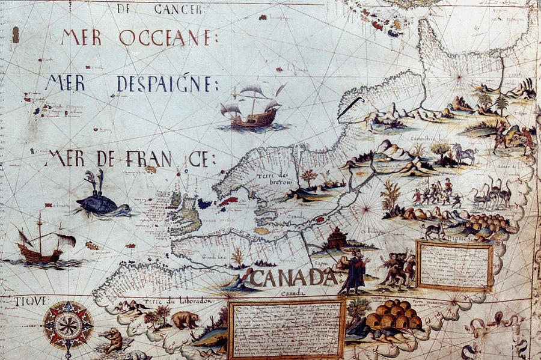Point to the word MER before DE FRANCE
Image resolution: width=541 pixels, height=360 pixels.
[x=67, y=158]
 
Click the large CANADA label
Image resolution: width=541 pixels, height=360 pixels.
[x=293, y=277]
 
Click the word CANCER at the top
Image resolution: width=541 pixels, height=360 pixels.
[x=179, y=8]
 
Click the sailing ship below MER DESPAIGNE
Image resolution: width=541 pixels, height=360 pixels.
[x=251, y=109]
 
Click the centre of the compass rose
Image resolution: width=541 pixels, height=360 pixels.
[x=67, y=325]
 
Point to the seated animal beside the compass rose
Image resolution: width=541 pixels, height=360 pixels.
[x=112, y=340]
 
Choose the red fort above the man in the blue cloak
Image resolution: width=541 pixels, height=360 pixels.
[x=335, y=239]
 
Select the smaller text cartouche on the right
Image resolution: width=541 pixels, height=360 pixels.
[x=454, y=266]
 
